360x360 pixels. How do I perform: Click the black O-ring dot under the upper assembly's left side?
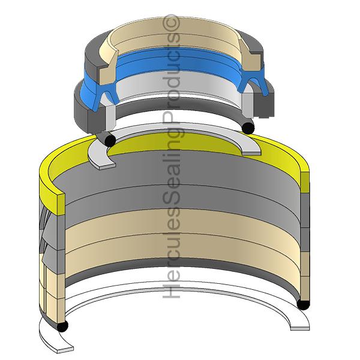(109, 139)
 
